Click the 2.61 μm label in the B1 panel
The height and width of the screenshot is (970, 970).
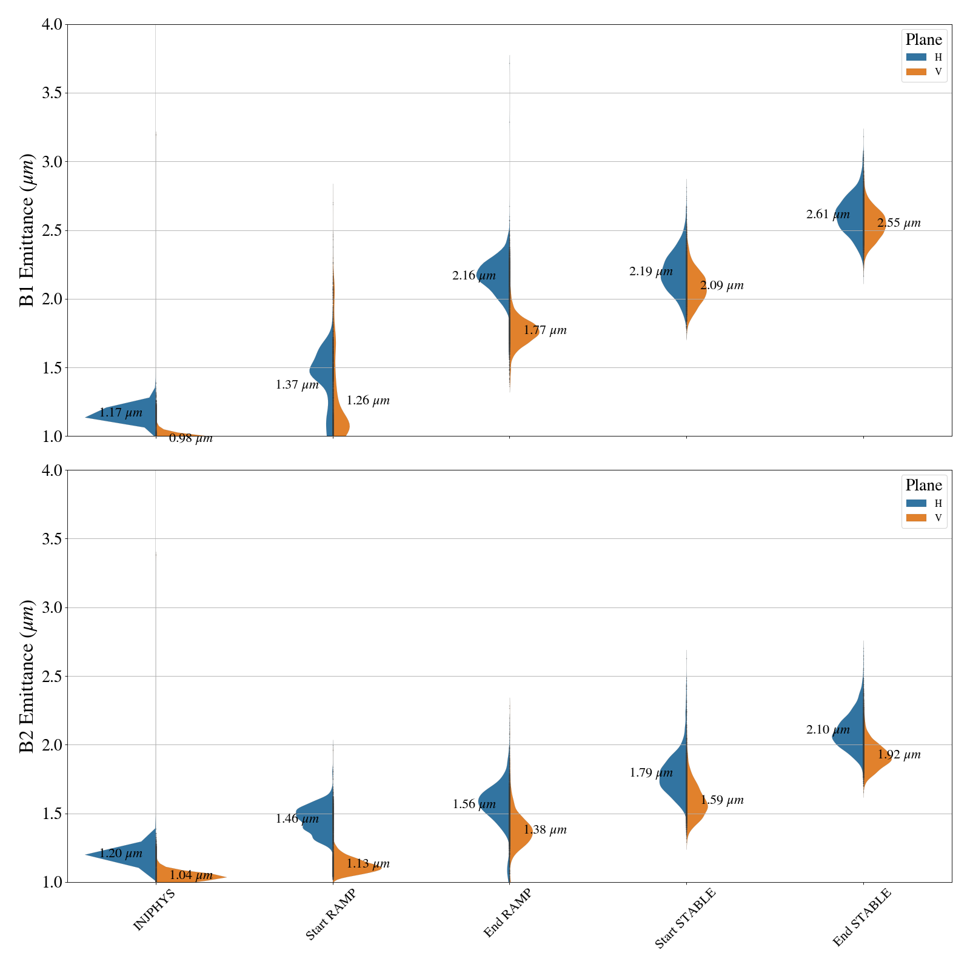click(x=828, y=215)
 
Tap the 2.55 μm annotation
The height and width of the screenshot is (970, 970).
click(x=899, y=223)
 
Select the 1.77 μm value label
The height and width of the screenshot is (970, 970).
click(x=545, y=330)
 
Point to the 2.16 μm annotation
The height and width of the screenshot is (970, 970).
click(x=473, y=276)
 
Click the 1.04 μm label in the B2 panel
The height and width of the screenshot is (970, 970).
click(x=191, y=875)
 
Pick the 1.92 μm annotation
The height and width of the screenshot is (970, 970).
click(x=899, y=755)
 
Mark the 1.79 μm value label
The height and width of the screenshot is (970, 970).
click(x=651, y=773)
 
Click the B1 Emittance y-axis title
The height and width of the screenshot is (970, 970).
click(x=27, y=230)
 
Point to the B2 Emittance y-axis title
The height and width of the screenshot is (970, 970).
click(x=27, y=676)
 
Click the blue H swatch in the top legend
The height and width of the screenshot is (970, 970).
click(x=916, y=57)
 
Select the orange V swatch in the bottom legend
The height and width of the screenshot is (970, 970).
click(x=916, y=518)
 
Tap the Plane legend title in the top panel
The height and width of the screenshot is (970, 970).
click(x=923, y=40)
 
